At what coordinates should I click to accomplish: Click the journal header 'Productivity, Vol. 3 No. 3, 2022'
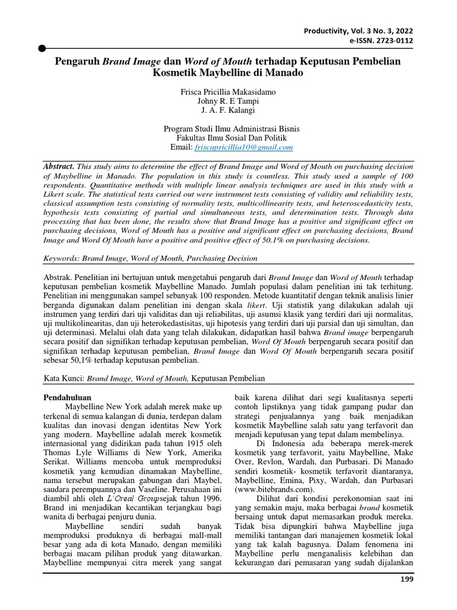point(358,30)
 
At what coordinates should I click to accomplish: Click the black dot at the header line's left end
point(42,47)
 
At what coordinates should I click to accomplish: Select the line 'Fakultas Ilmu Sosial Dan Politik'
point(228,138)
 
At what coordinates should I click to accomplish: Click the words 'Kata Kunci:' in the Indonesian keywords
point(65,378)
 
